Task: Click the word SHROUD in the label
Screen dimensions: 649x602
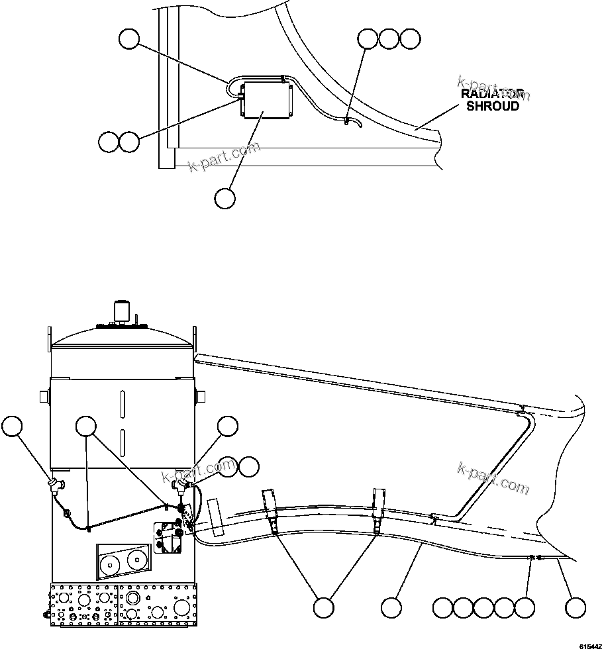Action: click(493, 106)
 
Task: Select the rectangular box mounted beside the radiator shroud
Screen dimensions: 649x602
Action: click(267, 101)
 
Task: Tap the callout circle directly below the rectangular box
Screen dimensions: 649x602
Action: click(225, 198)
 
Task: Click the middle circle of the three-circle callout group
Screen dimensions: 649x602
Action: click(389, 39)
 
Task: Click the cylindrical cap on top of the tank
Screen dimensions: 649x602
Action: click(121, 310)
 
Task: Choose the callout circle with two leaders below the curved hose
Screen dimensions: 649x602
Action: click(323, 608)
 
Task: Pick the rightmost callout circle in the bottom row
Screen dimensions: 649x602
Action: click(575, 608)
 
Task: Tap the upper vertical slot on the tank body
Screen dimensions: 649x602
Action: click(122, 403)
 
